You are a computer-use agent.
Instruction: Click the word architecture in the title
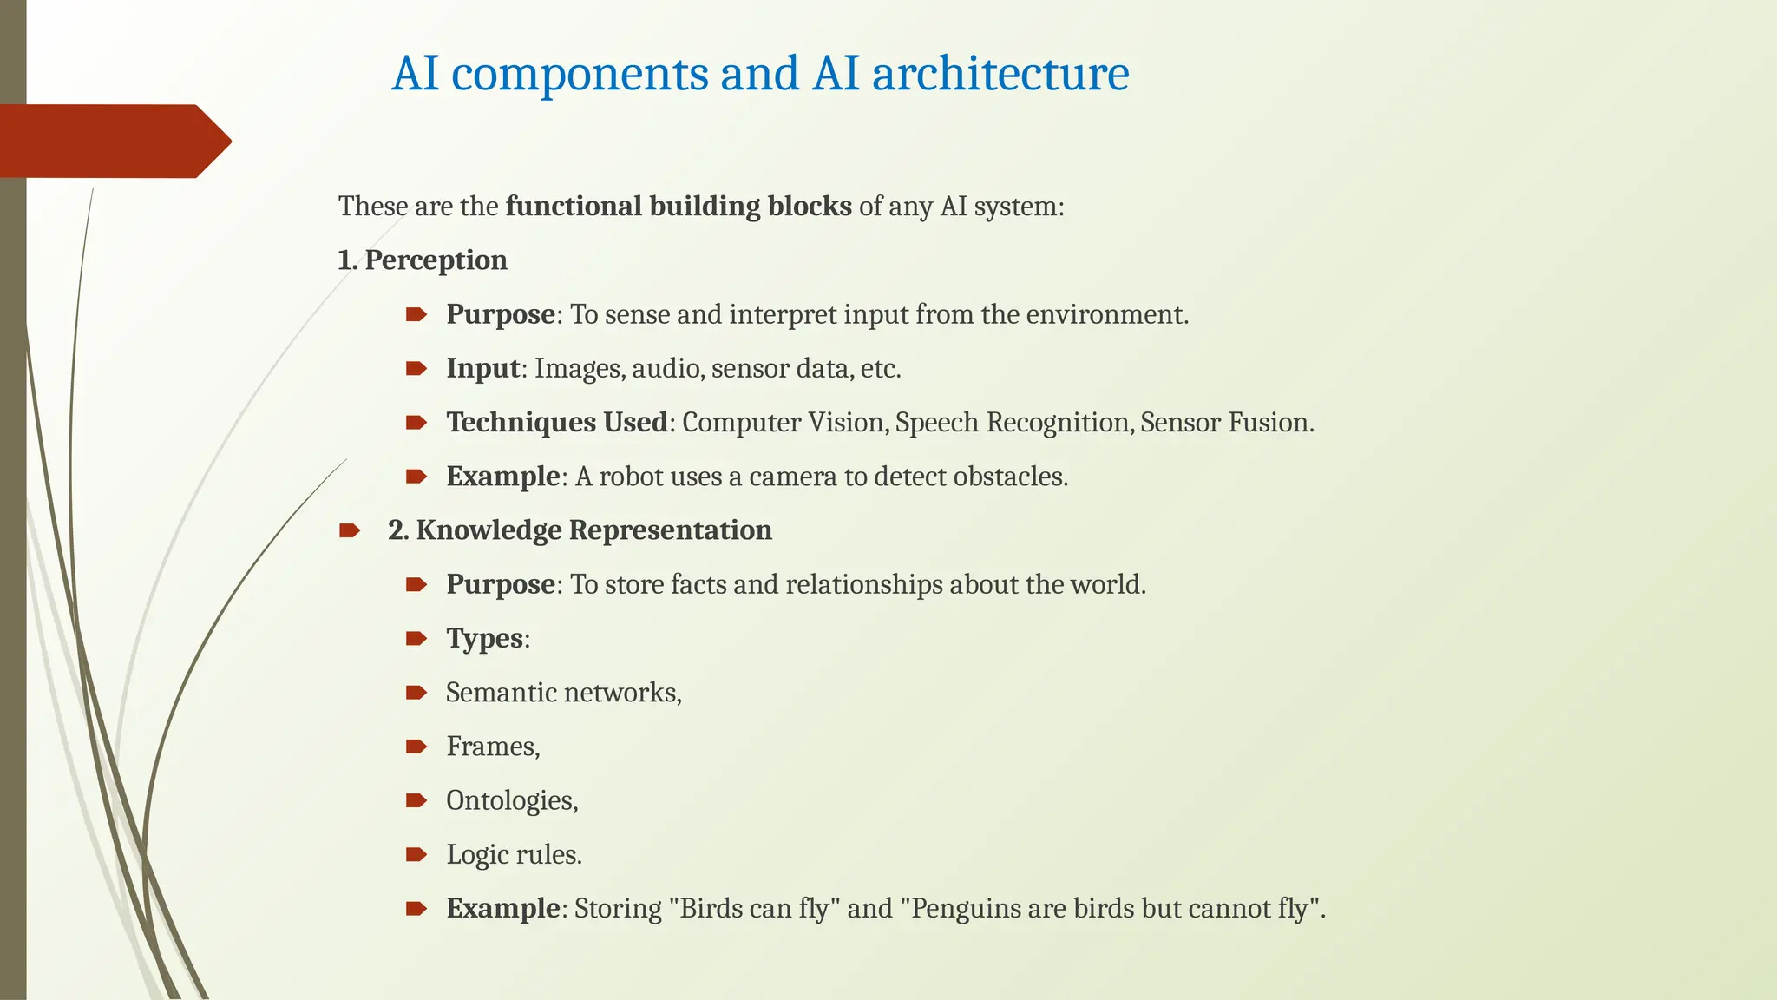click(x=1000, y=73)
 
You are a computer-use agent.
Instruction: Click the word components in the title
click(x=580, y=73)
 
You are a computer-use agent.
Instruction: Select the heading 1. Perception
click(x=423, y=260)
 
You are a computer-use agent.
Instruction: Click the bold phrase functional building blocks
click(x=679, y=207)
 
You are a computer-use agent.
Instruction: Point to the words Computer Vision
click(x=784, y=423)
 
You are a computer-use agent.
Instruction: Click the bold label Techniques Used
click(x=557, y=423)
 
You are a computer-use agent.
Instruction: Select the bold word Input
click(x=482, y=368)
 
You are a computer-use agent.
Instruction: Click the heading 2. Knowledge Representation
click(x=580, y=530)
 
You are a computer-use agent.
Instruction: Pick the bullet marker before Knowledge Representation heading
click(x=350, y=530)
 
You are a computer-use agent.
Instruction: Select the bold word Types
click(x=485, y=639)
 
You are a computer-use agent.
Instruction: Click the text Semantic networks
click(x=563, y=693)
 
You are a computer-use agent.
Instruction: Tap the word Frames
click(x=492, y=747)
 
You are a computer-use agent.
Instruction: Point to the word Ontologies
click(x=511, y=800)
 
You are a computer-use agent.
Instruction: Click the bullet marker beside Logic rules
click(x=416, y=855)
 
